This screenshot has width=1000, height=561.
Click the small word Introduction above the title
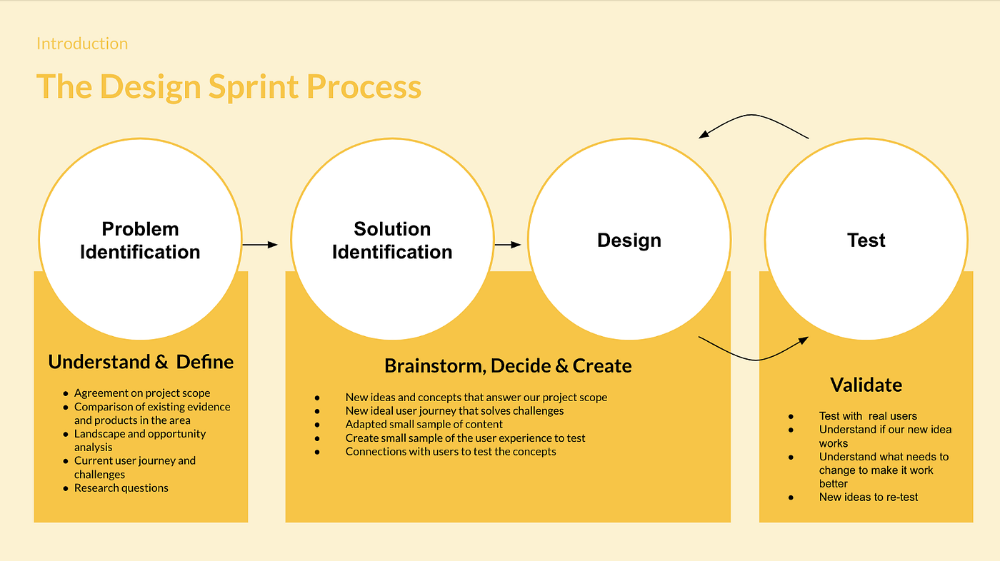pyautogui.click(x=82, y=44)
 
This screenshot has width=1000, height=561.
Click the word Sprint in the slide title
pyautogui.click(x=254, y=87)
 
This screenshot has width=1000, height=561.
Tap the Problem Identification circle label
pyautogui.click(x=140, y=241)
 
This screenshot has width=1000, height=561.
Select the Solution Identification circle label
pyautogui.click(x=392, y=241)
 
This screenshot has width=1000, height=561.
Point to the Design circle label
pyautogui.click(x=629, y=241)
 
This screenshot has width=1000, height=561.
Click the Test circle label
pyautogui.click(x=866, y=241)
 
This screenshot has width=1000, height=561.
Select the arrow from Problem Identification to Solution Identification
pyautogui.click(x=260, y=245)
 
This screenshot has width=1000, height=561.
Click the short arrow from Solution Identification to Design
pyautogui.click(x=508, y=245)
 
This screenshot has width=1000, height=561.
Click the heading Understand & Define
pyautogui.click(x=141, y=362)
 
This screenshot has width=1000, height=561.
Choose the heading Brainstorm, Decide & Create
pyautogui.click(x=508, y=366)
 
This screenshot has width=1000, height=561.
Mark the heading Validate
pyautogui.click(x=866, y=385)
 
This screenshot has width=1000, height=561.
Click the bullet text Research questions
pyautogui.click(x=121, y=488)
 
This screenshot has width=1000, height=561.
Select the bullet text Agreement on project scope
pyautogui.click(x=142, y=393)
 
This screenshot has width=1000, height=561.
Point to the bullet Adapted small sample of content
pyautogui.click(x=424, y=425)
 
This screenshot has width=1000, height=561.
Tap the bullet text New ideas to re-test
pyautogui.click(x=869, y=497)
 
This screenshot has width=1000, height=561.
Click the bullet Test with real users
pyautogui.click(x=868, y=416)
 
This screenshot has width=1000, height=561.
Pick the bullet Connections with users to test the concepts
pyautogui.click(x=451, y=452)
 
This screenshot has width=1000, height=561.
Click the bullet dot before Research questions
pyautogui.click(x=66, y=489)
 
